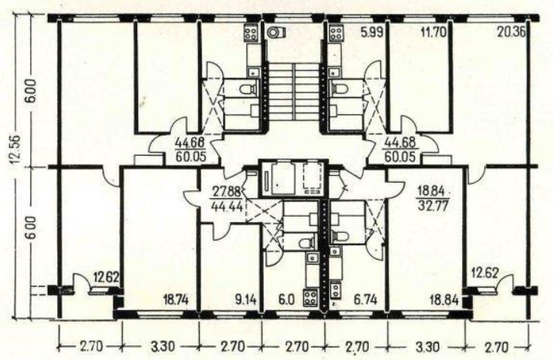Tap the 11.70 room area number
tap(433, 32)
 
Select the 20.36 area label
tap(511, 32)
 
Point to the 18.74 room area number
tap(177, 300)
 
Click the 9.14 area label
tap(244, 300)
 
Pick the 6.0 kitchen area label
tap(286, 300)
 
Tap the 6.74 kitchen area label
tap(366, 300)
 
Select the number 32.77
tap(433, 205)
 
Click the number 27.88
tap(227, 193)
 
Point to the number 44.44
tap(227, 206)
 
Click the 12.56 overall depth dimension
tap(19, 149)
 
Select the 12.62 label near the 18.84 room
tap(486, 273)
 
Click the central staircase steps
tap(294, 91)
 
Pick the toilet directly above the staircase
tap(276, 32)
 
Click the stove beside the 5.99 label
tap(336, 33)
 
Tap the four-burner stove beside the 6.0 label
tap(311, 297)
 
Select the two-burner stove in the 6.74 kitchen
tap(335, 290)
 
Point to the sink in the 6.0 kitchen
tap(312, 257)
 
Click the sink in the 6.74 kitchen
tap(335, 251)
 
